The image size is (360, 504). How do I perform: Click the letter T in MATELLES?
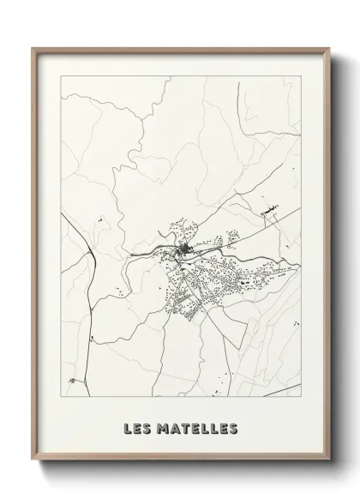click(x=183, y=427)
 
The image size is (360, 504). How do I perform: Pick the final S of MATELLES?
click(x=231, y=427)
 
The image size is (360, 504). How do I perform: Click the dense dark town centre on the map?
click(x=186, y=249)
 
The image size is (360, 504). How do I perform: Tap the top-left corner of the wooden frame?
click(x=33, y=49)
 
